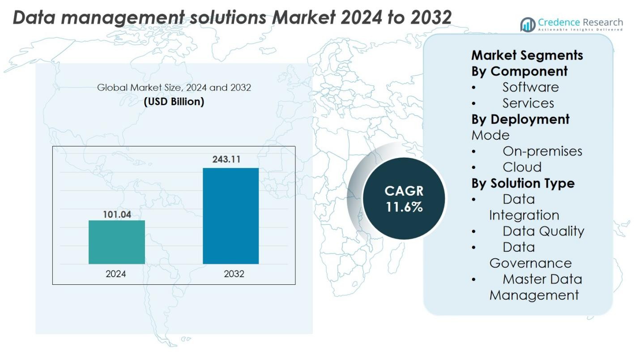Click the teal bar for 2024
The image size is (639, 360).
117,242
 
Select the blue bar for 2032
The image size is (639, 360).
230,216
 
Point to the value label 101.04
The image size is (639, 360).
117,214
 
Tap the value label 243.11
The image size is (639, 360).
230,159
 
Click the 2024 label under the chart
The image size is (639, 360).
116,274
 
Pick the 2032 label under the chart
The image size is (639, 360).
234,274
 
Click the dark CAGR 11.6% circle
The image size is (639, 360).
404,199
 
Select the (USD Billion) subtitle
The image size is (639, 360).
174,102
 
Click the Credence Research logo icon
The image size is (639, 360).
528,25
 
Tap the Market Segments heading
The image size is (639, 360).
527,55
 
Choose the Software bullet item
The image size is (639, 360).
530,87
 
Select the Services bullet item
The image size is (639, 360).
528,103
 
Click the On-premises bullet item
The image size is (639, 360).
542,151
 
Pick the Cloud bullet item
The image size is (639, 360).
522,167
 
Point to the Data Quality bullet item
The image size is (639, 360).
543,231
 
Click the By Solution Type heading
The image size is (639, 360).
523,183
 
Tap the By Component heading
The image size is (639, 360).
519,71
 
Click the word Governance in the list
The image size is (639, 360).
530,263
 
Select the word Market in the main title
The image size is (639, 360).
305,17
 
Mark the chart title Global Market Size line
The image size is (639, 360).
174,87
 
